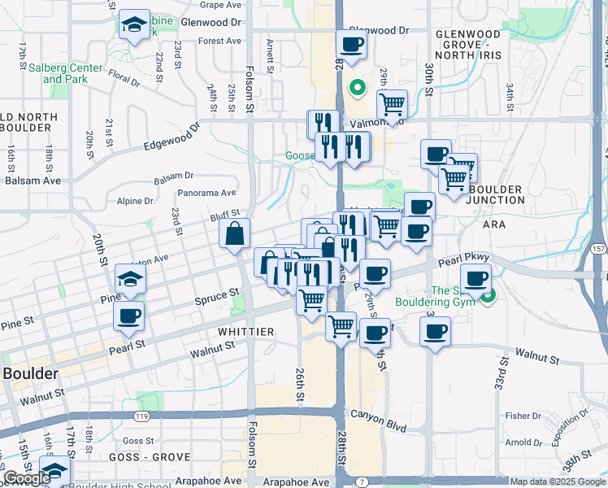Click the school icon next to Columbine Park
[x=134, y=25]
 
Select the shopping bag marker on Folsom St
[x=234, y=234]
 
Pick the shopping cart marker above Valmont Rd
[x=392, y=104]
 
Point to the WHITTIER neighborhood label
[x=245, y=332]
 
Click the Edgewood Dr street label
[x=171, y=137]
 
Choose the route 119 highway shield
[x=142, y=415]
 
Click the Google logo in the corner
[x=26, y=478]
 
